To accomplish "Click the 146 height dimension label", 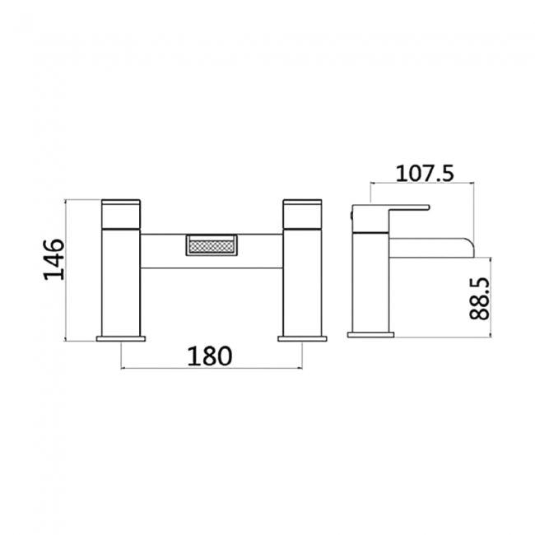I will point(53,258).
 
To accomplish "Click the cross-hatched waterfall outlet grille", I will point(212,246).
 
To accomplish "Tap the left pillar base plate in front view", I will point(122,337).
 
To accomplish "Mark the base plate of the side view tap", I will point(372,333).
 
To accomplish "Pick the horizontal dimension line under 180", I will point(212,368).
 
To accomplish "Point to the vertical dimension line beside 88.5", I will point(491,296).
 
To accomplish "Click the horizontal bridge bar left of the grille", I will point(163,250).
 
